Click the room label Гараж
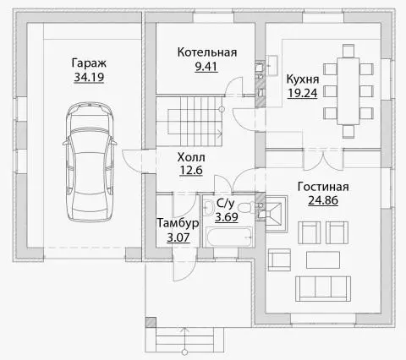(x=89, y=63)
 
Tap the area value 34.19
(x=89, y=77)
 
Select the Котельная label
(x=207, y=52)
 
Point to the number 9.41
(x=206, y=67)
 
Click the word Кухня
(x=303, y=79)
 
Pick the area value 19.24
(x=303, y=93)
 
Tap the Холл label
(x=191, y=157)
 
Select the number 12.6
(x=191, y=170)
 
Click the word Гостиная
(x=323, y=187)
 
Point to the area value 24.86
(x=323, y=200)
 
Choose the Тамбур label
(x=178, y=223)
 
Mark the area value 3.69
(x=227, y=217)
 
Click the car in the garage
(x=90, y=162)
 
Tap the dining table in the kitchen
(x=348, y=91)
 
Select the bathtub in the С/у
(x=229, y=237)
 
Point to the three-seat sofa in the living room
(x=323, y=289)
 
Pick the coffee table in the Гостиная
(x=323, y=260)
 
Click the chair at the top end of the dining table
(x=348, y=51)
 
